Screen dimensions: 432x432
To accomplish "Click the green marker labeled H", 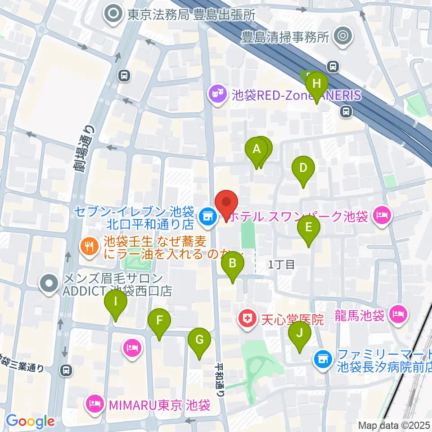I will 316,84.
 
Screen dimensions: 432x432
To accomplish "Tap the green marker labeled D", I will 303,168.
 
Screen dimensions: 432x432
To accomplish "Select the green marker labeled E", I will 308,227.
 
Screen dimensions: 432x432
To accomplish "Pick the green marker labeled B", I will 232,263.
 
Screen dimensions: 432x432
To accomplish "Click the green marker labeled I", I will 116,302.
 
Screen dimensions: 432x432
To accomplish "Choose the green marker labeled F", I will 159,321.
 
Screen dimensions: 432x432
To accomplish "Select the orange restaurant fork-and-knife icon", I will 88,246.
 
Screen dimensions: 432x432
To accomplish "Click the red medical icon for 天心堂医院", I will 247,320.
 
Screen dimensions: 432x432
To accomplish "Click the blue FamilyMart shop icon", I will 322,359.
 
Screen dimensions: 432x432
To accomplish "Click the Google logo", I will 30,421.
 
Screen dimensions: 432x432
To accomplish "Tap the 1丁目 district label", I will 281,265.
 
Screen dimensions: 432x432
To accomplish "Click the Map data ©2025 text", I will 394,425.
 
